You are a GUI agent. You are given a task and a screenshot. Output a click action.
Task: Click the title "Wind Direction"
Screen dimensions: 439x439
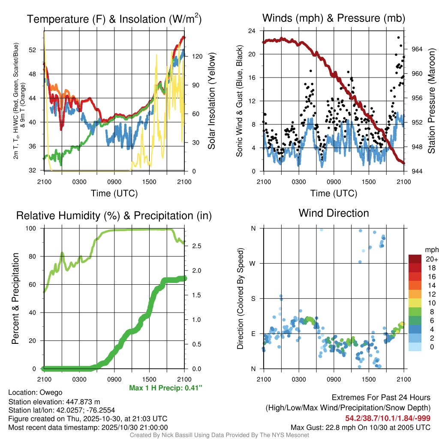pyautogui.click(x=334, y=213)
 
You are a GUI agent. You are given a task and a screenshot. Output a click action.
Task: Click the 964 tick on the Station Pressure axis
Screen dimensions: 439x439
pyautogui.click(x=417, y=49)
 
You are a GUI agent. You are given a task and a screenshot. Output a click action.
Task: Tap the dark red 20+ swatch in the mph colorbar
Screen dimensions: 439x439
pyautogui.click(x=415, y=259)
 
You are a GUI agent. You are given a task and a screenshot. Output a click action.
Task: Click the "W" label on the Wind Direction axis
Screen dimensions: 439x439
pyautogui.click(x=253, y=263)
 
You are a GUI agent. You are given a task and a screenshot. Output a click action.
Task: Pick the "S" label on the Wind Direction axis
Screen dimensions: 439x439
pyautogui.click(x=253, y=298)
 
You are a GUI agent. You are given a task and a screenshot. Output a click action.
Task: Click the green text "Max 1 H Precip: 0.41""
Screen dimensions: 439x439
pyautogui.click(x=165, y=388)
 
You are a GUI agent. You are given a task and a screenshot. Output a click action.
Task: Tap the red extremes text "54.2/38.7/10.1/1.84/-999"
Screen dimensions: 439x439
pyautogui.click(x=388, y=418)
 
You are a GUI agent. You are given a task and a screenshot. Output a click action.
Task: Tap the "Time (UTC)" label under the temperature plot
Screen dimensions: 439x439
pyautogui.click(x=114, y=193)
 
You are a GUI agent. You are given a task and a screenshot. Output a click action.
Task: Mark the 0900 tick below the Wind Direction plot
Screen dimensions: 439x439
pyautogui.click(x=334, y=379)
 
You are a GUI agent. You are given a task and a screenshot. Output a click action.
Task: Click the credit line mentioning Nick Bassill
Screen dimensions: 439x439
pyautogui.click(x=219, y=435)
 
